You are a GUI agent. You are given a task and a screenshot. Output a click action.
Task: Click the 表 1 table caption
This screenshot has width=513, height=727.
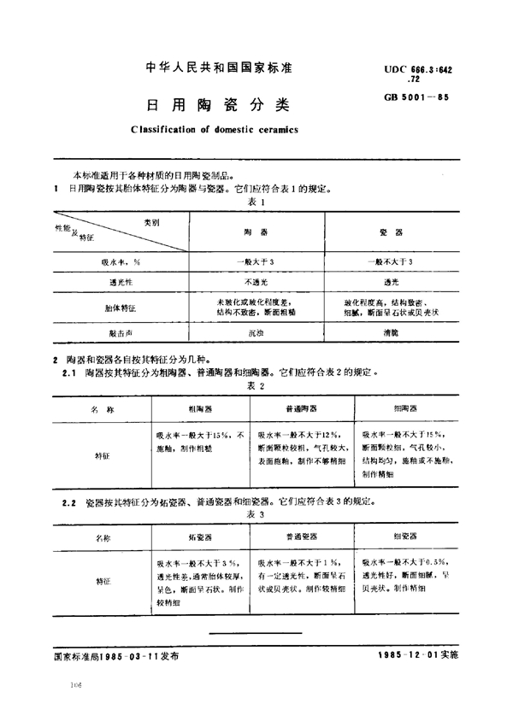(257, 202)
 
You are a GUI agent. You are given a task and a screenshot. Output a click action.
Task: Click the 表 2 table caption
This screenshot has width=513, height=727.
(257, 386)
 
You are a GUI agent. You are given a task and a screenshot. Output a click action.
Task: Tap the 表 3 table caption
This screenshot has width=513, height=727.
(257, 516)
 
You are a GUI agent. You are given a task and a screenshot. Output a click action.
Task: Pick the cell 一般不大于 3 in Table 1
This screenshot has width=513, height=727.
(389, 261)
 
